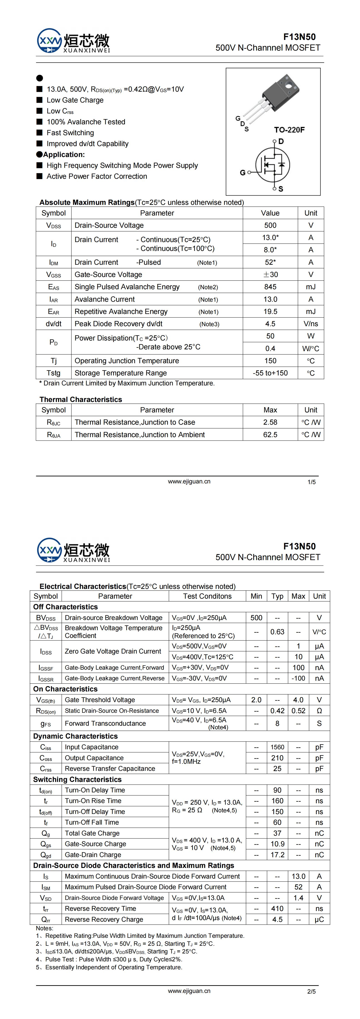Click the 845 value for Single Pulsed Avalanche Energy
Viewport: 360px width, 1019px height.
[270, 287]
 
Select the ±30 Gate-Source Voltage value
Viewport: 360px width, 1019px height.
[270, 274]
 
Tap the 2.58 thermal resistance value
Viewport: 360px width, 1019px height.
[270, 422]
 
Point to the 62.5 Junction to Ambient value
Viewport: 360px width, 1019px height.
[270, 434]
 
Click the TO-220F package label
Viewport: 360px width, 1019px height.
[289, 130]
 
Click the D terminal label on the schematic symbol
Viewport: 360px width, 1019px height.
[281, 142]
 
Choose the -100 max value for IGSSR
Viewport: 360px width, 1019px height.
[298, 678]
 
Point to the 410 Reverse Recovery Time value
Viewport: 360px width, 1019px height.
[277, 908]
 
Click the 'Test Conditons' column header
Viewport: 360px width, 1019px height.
[207, 596]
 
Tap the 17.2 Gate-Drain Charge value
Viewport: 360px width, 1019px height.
[277, 855]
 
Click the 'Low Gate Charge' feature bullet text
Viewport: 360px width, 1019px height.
[75, 100]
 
